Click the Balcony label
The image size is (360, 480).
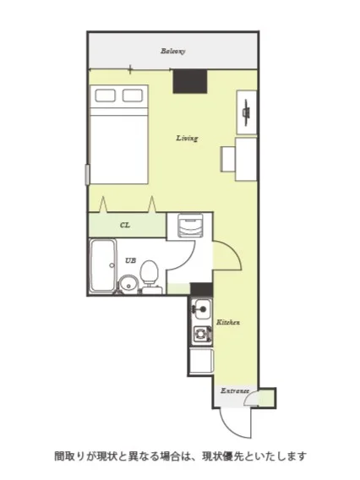tap(173, 51)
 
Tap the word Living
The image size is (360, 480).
tap(187, 138)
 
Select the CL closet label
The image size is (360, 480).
tap(125, 225)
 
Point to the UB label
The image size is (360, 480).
tap(131, 260)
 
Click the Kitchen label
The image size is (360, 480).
tap(228, 322)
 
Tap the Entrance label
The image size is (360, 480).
tap(235, 391)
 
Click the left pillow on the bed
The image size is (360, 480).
tap(106, 95)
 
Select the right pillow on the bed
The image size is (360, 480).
tap(133, 95)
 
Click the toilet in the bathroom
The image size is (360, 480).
tap(149, 275)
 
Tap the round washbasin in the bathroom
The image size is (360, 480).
tap(128, 285)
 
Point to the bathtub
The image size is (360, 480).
tap(103, 265)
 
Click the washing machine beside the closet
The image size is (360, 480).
tap(189, 226)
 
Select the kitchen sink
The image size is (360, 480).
tap(201, 309)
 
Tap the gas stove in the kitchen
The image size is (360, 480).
tap(202, 334)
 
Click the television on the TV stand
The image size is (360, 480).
tap(247, 112)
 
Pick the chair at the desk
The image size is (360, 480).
tap(228, 159)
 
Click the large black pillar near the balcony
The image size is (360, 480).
tap(190, 81)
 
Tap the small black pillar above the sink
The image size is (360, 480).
tap(201, 289)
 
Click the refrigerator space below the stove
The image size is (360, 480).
tap(201, 361)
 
